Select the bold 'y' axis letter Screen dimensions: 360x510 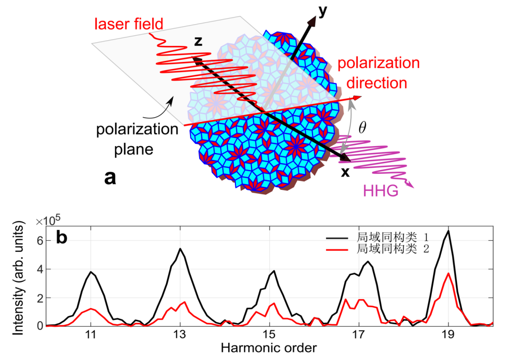coord(334,11)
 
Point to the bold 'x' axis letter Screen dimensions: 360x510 coord(345,172)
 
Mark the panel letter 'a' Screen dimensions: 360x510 coord(111,177)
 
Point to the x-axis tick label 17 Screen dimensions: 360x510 coord(359,334)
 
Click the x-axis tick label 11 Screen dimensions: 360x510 coord(91,334)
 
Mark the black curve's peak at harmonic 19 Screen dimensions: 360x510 coord(448,231)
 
